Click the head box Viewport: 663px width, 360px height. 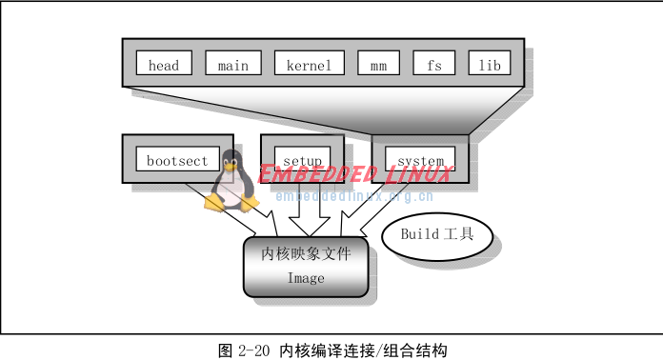[164, 65]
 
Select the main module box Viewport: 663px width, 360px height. [232, 65]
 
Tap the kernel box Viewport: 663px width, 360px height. [309, 65]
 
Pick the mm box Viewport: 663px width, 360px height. [378, 65]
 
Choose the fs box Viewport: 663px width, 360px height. [434, 65]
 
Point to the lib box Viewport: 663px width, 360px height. [490, 65]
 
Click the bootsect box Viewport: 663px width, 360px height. [177, 160]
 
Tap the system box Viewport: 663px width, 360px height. [420, 160]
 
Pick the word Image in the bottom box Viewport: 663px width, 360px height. [306, 278]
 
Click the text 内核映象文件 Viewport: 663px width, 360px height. [306, 254]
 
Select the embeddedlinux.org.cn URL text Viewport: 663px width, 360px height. [353, 197]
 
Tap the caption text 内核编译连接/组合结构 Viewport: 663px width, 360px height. [363, 350]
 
